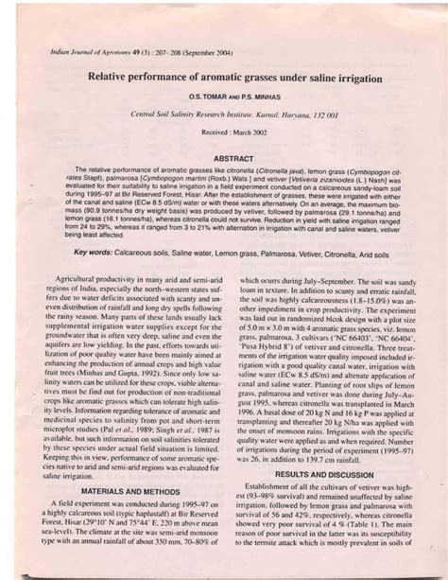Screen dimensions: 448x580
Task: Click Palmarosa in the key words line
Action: click(286, 255)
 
